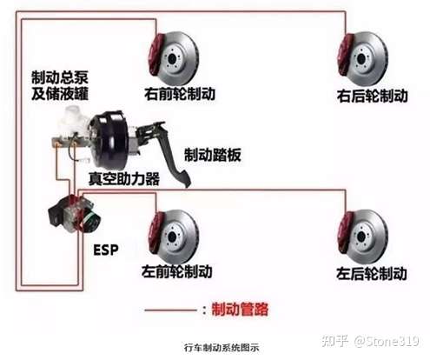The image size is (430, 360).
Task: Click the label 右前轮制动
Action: click(x=180, y=94)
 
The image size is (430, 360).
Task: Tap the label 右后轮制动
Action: click(x=372, y=96)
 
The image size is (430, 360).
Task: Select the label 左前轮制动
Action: click(x=177, y=271)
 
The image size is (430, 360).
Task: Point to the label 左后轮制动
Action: click(x=372, y=273)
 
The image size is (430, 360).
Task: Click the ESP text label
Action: click(x=106, y=250)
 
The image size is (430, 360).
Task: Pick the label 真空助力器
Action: click(x=124, y=178)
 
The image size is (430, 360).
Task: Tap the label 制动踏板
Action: click(x=213, y=155)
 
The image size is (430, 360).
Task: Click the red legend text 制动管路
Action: click(x=240, y=310)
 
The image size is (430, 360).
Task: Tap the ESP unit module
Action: click(x=75, y=214)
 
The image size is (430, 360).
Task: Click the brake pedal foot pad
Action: click(x=183, y=178)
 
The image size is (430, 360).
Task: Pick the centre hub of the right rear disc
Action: click(x=361, y=58)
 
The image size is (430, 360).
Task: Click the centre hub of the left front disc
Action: click(x=172, y=237)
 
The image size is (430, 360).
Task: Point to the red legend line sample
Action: click(x=171, y=310)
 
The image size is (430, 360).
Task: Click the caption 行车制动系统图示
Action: click(x=222, y=348)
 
